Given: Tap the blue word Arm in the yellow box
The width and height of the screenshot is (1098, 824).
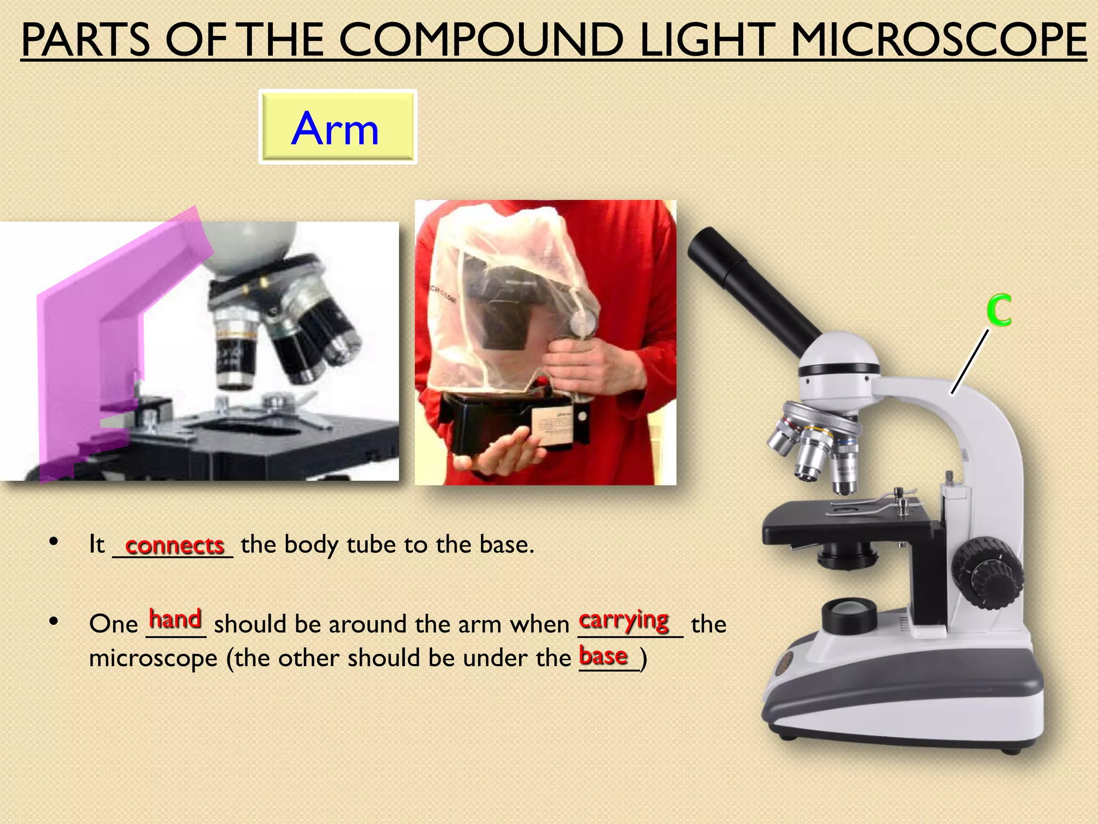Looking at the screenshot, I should click(x=335, y=129).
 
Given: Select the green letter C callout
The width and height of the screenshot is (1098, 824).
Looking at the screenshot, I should click(x=999, y=311).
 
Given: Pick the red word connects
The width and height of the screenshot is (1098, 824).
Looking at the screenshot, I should click(x=174, y=546).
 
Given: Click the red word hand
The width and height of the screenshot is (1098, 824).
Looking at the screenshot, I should click(x=175, y=619).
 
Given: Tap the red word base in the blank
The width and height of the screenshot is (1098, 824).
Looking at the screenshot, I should click(x=603, y=656).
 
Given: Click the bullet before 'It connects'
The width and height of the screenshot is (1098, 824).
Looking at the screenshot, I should click(x=53, y=542).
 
